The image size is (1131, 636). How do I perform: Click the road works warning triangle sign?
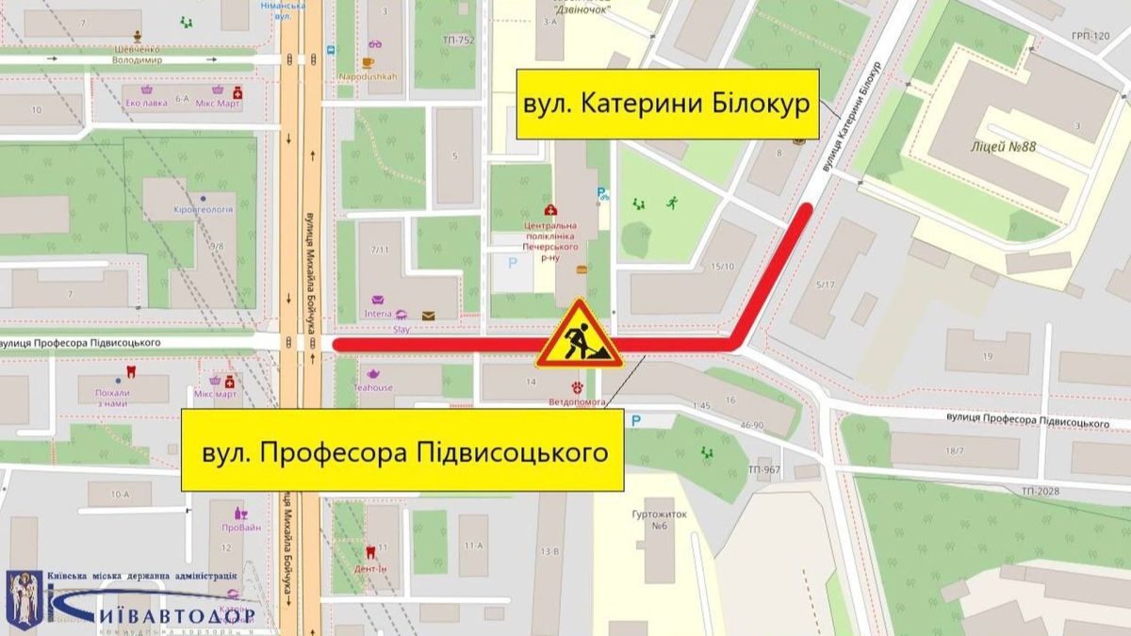[579, 336]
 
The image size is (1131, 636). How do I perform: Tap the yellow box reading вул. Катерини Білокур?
[667, 104]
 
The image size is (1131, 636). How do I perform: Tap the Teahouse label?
[373, 387]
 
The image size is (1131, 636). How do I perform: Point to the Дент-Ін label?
[373, 568]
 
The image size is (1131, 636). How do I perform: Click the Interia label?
[378, 313]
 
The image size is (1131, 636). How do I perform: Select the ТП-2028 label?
[1040, 491]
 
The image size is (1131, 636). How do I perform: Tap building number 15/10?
[723, 267]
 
